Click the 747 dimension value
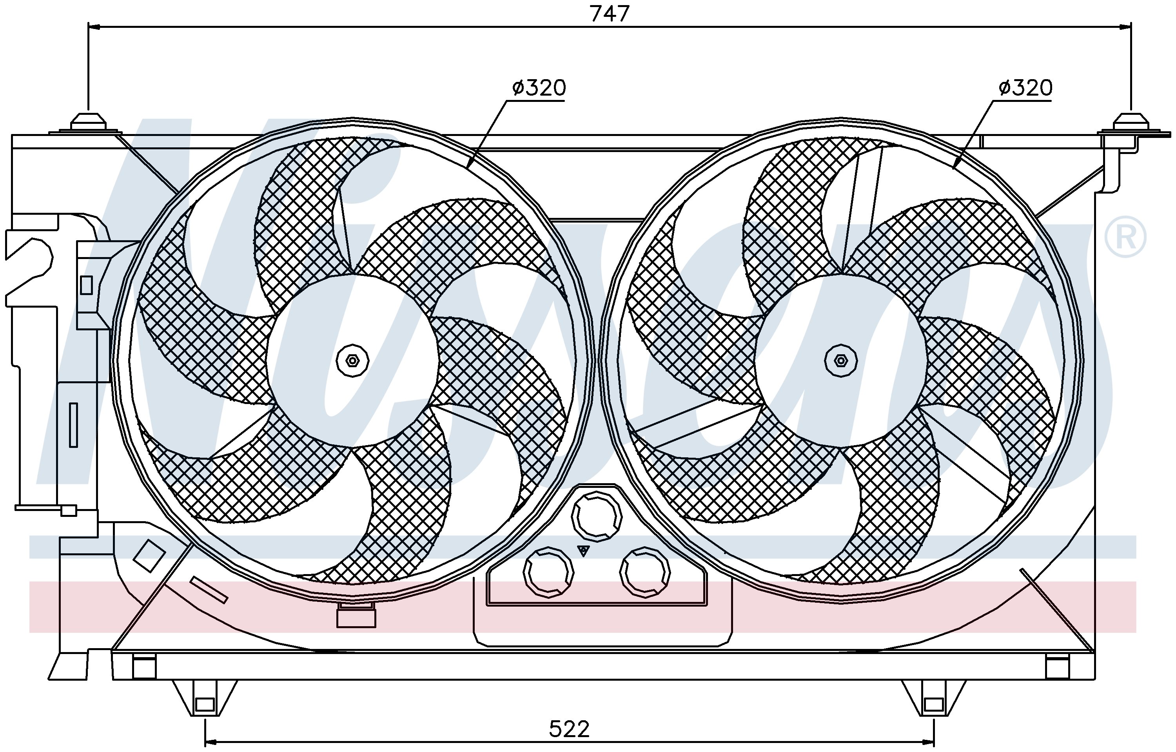click(610, 13)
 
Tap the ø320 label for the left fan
click(539, 87)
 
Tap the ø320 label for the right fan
click(1025, 87)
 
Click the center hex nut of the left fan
click(353, 361)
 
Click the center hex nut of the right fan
click(840, 361)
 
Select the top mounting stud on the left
click(88, 123)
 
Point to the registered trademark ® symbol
click(1125, 237)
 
